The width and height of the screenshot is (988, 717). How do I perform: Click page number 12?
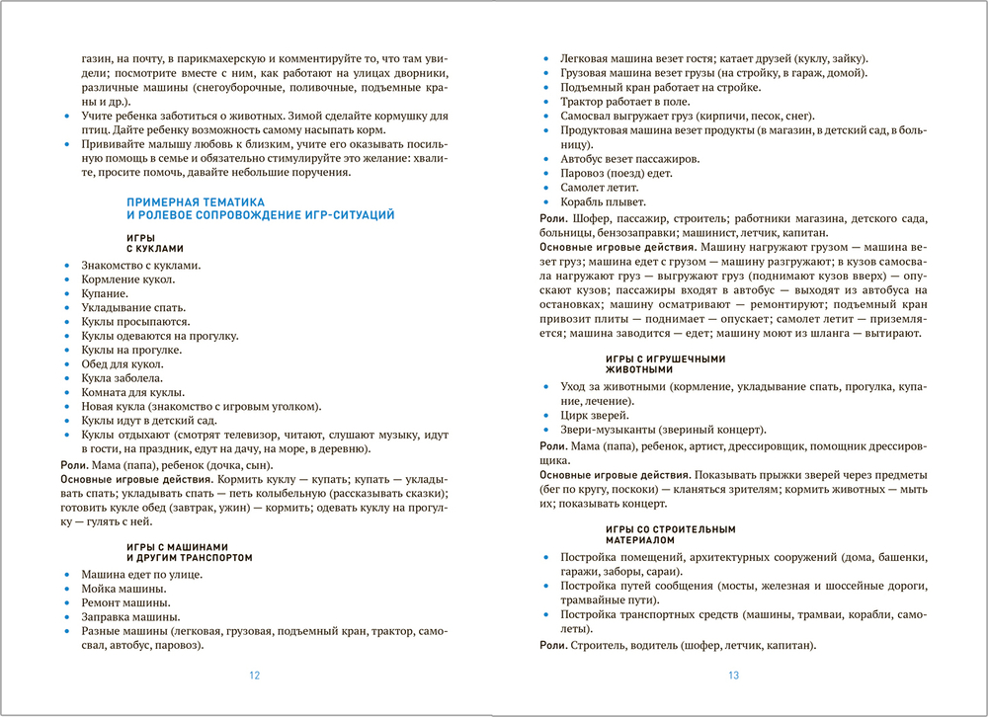(254, 677)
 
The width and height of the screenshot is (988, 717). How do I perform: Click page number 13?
(733, 677)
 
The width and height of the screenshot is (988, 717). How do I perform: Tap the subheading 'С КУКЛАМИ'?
(156, 249)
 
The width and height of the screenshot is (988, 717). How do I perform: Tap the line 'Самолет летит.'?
(600, 187)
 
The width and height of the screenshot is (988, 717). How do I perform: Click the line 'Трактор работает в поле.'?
(625, 102)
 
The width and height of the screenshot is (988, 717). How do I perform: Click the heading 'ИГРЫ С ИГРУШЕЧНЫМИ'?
(665, 358)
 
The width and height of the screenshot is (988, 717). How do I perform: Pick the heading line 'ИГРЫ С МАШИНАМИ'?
(178, 546)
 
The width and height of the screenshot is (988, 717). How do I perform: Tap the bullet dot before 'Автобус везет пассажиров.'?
(544, 159)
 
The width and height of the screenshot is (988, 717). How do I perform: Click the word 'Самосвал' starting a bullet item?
(589, 117)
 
